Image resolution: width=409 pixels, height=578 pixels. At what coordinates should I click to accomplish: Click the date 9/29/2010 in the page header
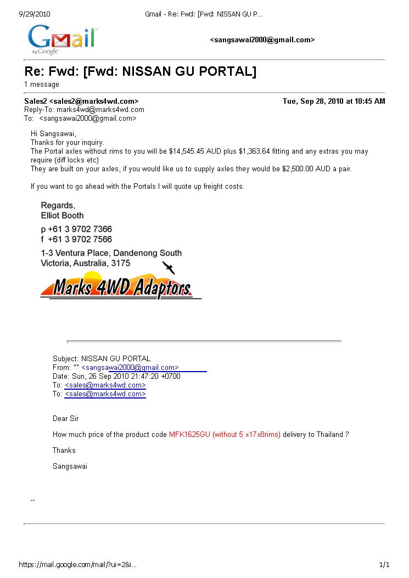coord(34,14)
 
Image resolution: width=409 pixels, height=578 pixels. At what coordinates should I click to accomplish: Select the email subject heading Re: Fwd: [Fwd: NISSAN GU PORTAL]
coord(140,71)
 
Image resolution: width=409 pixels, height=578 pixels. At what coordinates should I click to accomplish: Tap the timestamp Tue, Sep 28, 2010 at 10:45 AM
coord(334,102)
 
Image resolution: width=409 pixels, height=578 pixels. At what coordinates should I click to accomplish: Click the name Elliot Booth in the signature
coord(63,216)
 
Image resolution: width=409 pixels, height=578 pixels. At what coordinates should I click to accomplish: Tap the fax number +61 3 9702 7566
coord(80,239)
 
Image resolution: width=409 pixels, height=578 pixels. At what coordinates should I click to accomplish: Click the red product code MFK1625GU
coord(190,435)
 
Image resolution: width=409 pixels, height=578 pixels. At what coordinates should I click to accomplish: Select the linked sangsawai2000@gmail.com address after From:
coord(130,368)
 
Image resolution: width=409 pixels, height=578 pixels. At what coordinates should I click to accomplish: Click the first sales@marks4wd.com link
coord(105,385)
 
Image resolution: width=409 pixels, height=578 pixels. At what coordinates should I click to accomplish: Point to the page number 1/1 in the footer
coord(384,565)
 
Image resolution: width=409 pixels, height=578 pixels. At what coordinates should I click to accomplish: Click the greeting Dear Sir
coord(66,419)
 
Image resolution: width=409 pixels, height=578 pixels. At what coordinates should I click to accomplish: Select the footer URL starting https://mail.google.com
coord(77,565)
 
